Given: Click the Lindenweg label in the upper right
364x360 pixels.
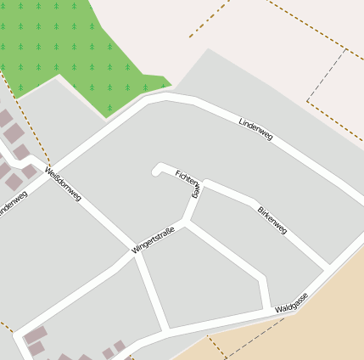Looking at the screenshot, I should pos(255,129).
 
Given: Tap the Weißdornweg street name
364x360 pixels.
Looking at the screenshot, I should pos(64,184).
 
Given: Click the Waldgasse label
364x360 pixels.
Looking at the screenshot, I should pos(292,304).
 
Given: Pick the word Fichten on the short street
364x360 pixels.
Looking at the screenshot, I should pos(186,177).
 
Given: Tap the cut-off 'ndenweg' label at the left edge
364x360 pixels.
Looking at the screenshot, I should pos(13,204).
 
